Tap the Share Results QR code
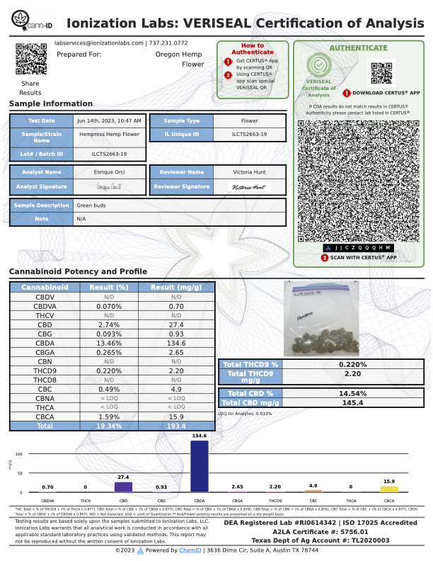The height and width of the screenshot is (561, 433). point(30,59)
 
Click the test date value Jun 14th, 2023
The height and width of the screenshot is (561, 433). point(109,121)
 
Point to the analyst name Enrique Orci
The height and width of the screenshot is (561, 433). point(109,172)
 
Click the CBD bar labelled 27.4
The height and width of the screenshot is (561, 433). point(123,487)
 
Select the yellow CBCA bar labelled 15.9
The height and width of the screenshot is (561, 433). point(389,489)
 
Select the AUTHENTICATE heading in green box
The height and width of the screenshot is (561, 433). point(359,48)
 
